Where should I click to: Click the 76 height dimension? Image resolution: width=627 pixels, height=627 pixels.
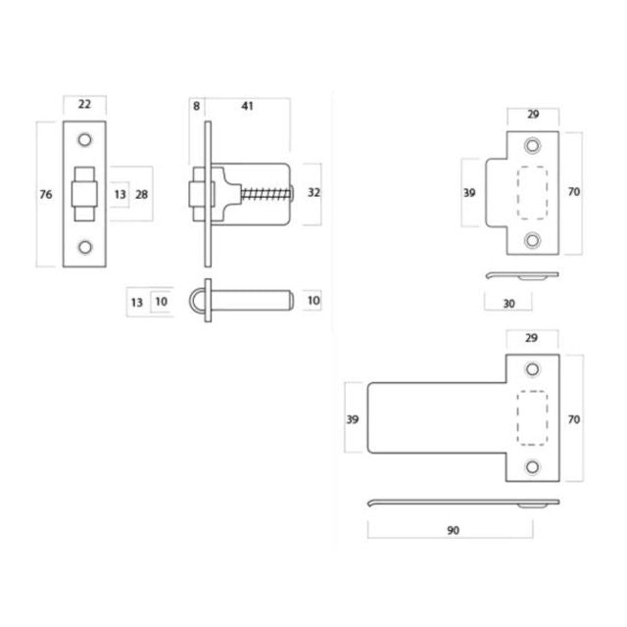click(45, 195)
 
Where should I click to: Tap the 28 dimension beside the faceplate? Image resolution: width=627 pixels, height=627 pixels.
click(142, 195)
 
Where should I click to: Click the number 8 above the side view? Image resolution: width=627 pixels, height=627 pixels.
click(196, 106)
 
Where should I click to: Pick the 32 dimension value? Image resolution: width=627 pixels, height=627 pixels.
click(313, 193)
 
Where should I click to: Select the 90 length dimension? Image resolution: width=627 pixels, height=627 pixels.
click(453, 530)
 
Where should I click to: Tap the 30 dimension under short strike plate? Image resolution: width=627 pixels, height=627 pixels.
click(508, 304)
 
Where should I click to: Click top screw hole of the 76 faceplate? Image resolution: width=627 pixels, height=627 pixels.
click(84, 139)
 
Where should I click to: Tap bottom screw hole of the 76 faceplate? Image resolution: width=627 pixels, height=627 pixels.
click(84, 248)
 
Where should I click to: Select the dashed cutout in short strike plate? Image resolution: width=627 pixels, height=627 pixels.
click(533, 192)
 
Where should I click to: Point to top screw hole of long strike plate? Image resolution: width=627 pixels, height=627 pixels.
click(533, 369)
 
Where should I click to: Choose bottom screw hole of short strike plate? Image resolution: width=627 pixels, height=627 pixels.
click(533, 239)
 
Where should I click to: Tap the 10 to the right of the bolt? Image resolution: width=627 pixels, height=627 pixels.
click(313, 302)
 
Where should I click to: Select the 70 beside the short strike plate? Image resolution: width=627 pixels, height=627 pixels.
click(574, 192)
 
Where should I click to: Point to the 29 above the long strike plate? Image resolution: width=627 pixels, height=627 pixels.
click(533, 338)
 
